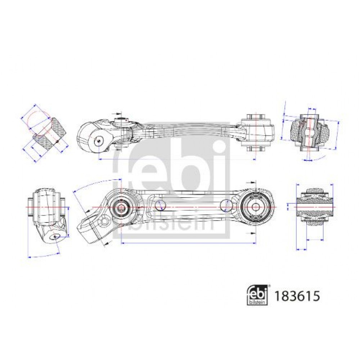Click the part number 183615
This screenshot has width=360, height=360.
click(x=297, y=296)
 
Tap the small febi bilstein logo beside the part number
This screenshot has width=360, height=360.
click(x=258, y=295)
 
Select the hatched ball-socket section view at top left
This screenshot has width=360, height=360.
click(x=49, y=134)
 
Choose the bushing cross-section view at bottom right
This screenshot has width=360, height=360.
click(x=315, y=207)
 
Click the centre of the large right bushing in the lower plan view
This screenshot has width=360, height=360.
click(x=256, y=207)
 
